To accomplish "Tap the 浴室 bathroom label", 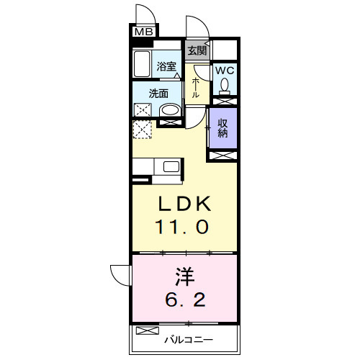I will pyautogui.click(x=167, y=67).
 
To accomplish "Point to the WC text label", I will pyautogui.click(x=225, y=71).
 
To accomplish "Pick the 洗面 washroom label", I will pyautogui.click(x=158, y=93).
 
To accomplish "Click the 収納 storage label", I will pyautogui.click(x=222, y=127).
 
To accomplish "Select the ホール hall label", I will pyautogui.click(x=196, y=89).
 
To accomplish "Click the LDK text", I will pyautogui.click(x=183, y=204).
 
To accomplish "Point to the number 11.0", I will pyautogui.click(x=183, y=227).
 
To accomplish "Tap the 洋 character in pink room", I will pyautogui.click(x=183, y=275).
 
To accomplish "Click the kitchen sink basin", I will pyautogui.click(x=171, y=167).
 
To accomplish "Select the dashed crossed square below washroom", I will pyautogui.click(x=143, y=130).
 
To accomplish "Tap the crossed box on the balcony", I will pyautogui.click(x=146, y=331).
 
